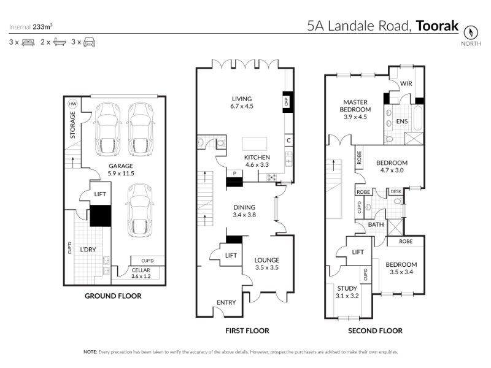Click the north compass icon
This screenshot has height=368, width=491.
(471, 33)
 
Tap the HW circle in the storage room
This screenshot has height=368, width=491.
(72, 104)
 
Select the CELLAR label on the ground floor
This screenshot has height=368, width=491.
(141, 270)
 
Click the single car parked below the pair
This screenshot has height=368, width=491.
(140, 210)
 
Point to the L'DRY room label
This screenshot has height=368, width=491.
(88, 250)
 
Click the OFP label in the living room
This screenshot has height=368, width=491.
(287, 101)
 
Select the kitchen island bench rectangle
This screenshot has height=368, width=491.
(254, 144)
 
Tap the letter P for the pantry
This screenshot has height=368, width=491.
(234, 173)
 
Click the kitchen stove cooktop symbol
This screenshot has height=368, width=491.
(271, 178)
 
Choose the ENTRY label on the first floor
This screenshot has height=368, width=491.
(226, 302)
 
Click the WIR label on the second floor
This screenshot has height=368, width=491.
(406, 83)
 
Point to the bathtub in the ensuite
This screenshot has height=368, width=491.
(418, 118)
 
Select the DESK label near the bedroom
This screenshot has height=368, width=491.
(396, 191)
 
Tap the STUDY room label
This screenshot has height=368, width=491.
(347, 288)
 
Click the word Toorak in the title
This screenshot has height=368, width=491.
(437, 26)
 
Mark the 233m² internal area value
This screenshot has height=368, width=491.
(42, 27)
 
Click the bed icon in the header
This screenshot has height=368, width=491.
(28, 42)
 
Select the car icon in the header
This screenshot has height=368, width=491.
(89, 42)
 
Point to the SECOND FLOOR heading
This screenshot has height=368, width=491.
(375, 331)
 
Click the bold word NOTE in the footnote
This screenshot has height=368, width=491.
(90, 352)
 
